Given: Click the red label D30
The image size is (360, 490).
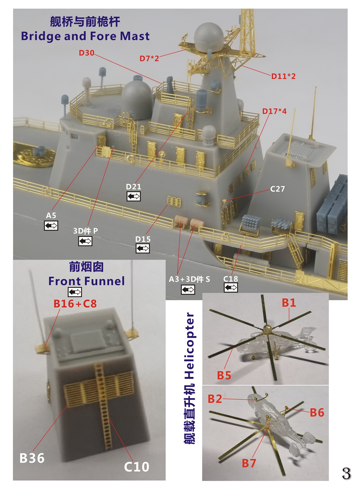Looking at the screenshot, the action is pyautogui.click(x=86, y=53).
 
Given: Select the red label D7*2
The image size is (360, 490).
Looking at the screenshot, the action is pyautogui.click(x=149, y=58).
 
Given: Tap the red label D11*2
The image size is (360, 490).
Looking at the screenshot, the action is pyautogui.click(x=283, y=76).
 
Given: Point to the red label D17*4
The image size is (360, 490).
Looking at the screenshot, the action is pyautogui.click(x=274, y=111).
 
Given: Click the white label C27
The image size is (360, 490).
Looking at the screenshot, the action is pyautogui.click(x=277, y=189).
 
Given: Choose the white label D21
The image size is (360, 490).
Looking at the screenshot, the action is pyautogui.click(x=133, y=187).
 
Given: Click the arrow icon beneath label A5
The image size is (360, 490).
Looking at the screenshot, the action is pyautogui.click(x=51, y=225).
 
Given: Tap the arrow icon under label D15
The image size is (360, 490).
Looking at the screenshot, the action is pyautogui.click(x=142, y=248).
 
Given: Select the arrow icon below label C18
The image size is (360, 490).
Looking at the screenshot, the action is pyautogui.click(x=231, y=287).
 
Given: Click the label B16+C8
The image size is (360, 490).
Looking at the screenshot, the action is pyautogui.click(x=75, y=304).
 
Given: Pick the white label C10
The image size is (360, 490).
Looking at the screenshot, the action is pyautogui.click(x=136, y=467).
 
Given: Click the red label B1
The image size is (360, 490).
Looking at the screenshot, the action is pyautogui.click(x=289, y=303).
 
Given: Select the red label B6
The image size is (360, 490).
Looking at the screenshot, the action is pyautogui.click(x=317, y=412).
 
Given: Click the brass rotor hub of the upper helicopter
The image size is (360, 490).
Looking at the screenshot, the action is pyautogui.click(x=267, y=328).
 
